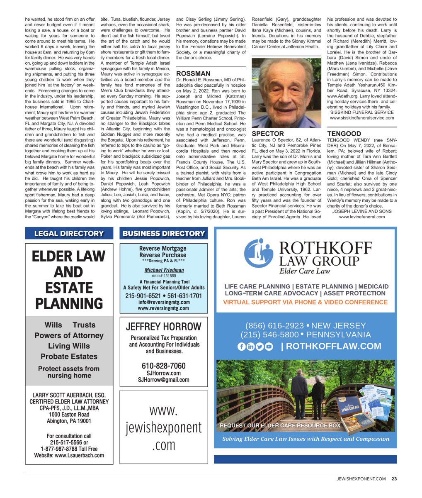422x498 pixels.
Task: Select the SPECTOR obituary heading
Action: click(268, 134)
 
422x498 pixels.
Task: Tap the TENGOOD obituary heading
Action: click(344, 134)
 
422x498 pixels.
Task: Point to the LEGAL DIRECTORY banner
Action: click(69, 234)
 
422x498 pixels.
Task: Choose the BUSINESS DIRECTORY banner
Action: click(164, 234)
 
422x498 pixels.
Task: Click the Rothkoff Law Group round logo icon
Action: click(259, 253)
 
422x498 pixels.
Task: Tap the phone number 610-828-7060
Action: click(163, 366)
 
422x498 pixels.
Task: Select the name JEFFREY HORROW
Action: click(163, 327)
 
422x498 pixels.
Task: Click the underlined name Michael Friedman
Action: click(164, 270)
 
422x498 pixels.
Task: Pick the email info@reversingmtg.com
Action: click(164, 302)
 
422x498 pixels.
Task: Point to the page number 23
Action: click(394, 478)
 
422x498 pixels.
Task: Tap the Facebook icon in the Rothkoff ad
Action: click(242, 347)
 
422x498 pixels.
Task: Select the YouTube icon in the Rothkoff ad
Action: click(269, 347)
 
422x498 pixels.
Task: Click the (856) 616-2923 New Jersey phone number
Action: click(306, 326)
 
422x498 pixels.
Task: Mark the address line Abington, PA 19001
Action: click(69, 421)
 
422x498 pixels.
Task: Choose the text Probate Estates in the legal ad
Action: click(69, 356)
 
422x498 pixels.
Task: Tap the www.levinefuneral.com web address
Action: click(362, 217)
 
